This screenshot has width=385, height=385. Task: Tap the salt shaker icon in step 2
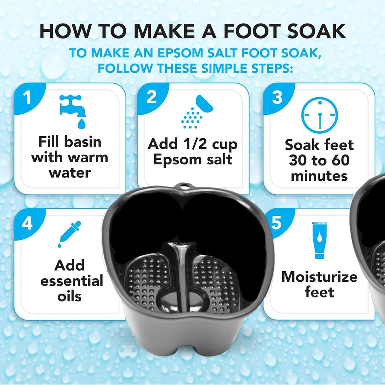click(197, 112)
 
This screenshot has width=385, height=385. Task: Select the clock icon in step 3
click(319, 115)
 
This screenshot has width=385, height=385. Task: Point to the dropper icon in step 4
click(70, 234)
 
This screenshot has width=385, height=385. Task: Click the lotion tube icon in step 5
click(319, 240)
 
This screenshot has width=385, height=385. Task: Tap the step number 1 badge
click(27, 97)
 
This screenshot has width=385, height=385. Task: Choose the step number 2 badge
click(152, 97)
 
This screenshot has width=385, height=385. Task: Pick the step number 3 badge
click(277, 97)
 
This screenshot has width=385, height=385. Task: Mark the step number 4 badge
click(27, 224)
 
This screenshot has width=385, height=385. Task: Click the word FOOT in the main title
click(252, 31)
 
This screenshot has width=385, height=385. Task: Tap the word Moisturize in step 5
click(319, 277)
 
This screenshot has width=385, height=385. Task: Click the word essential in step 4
click(72, 281)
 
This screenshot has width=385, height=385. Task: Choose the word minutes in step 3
click(319, 176)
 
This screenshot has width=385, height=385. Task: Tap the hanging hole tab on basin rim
click(184, 186)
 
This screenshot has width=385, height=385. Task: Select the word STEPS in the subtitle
click(272, 68)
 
